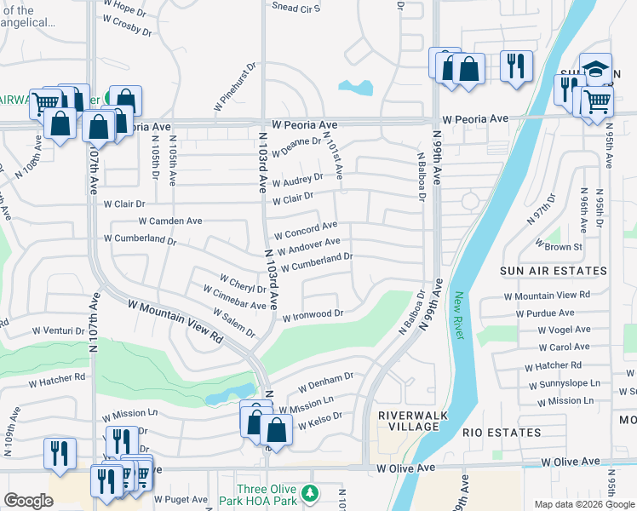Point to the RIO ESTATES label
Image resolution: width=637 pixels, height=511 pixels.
point(502,433)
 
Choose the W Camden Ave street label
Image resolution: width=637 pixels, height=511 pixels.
point(170,221)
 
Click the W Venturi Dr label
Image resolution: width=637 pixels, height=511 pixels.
point(62,330)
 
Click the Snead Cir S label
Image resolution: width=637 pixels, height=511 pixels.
point(296,8)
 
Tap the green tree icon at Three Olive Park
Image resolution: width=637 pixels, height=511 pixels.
point(310,493)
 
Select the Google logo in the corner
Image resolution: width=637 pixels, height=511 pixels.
point(28,501)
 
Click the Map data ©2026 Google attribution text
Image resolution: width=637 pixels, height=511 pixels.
point(583,504)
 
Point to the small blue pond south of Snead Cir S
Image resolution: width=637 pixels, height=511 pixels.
point(357,87)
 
